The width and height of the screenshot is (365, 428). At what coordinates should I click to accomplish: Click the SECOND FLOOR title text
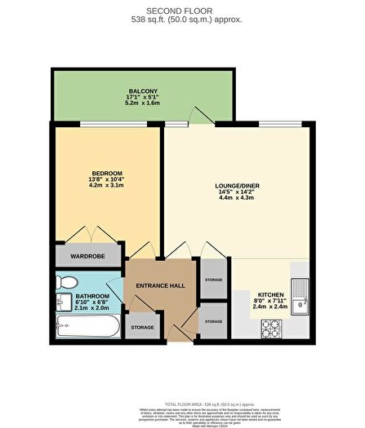pyautogui.click(x=182, y=11)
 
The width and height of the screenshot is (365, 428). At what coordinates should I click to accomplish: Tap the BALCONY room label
pyautogui.click(x=142, y=90)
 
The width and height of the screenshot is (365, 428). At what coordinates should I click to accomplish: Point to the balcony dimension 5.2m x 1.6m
pyautogui.click(x=142, y=104)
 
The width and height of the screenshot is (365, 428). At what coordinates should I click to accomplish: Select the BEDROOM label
pyautogui.click(x=106, y=173)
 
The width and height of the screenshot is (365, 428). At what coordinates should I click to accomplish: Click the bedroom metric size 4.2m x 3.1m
pyautogui.click(x=106, y=186)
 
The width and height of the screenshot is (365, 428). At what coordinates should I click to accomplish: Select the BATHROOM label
pyautogui.click(x=92, y=297)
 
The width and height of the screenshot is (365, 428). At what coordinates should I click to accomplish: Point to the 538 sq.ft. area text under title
pyautogui.click(x=182, y=20)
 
